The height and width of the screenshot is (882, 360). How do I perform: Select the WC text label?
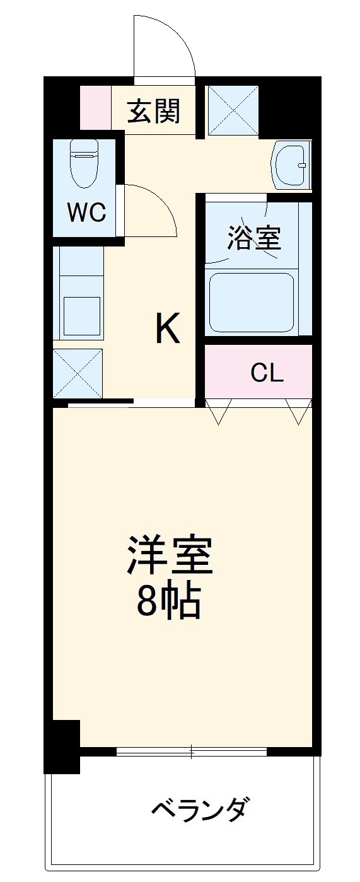87,213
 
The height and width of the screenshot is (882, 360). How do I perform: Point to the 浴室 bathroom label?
253,238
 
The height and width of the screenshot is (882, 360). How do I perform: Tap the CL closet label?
267,374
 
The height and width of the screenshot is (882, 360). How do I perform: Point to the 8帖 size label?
169,603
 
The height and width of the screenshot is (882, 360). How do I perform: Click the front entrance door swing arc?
165,44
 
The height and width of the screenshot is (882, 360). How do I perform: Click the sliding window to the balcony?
192,751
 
